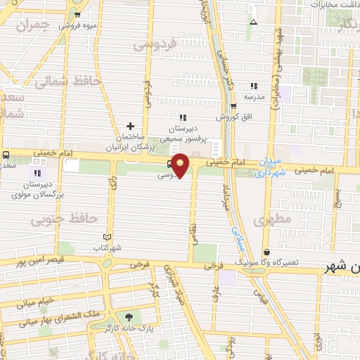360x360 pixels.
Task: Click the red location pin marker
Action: click(181, 165)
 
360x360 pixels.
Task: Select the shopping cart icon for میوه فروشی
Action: click(78, 14)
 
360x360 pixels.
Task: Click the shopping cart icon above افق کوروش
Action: click(233, 107)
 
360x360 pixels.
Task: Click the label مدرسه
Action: click(254, 96)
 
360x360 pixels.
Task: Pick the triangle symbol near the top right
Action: click(253, 22)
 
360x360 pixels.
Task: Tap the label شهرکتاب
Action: click(108, 247)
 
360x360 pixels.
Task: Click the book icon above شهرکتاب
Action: click(108, 237)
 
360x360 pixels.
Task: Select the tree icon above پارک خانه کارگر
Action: click(128, 317)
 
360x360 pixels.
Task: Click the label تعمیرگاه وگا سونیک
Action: click(292, 262)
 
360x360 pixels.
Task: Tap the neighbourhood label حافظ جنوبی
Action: click(63, 219)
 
